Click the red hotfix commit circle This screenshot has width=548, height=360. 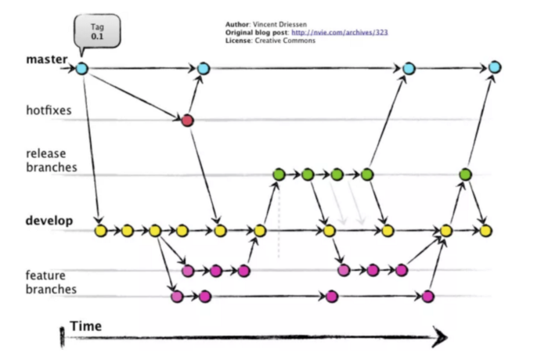tap(187, 121)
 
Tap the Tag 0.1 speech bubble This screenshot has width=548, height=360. tap(96, 30)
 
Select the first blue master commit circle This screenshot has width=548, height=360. tap(82, 69)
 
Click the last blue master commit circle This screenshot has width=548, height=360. tap(495, 68)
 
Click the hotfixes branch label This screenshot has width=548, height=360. tap(49, 110)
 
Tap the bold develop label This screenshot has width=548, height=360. tap(49, 221)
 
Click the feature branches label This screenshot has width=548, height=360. tap(50, 282)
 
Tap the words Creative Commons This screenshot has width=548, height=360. tap(288, 40)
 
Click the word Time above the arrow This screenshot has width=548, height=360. tap(85, 325)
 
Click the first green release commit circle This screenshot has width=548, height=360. tap(278, 174)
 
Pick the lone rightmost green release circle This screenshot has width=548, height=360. tap(465, 174)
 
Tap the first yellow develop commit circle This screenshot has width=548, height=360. tap(100, 231)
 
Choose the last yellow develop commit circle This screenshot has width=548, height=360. tap(486, 231)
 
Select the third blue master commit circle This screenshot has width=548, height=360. tap(408, 69)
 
